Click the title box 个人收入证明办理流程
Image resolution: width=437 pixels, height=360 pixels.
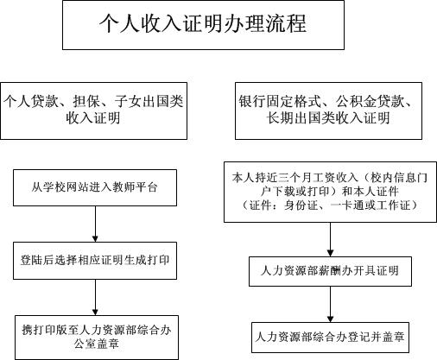tap(203, 25)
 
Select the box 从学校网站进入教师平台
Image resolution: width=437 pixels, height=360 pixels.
tap(95, 187)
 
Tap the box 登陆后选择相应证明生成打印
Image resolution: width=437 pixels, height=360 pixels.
tap(95, 261)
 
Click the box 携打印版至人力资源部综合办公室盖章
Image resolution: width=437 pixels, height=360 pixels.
tap(97, 338)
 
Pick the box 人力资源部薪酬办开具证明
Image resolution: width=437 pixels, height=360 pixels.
tap(330, 271)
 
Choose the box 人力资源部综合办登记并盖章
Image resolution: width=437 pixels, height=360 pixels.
tap(330, 338)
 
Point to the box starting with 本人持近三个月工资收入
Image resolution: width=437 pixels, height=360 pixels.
tap(330, 192)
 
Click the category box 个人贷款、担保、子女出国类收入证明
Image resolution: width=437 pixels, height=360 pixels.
tap(93, 111)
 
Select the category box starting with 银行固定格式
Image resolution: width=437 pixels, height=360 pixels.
tap(328, 111)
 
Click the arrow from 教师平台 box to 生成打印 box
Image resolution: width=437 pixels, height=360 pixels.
tap(95, 224)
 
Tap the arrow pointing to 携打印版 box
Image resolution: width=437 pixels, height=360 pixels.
tap(95, 297)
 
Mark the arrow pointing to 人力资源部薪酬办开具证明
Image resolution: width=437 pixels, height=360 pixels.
tap(330, 239)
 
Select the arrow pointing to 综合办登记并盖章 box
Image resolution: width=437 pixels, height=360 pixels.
tap(330, 304)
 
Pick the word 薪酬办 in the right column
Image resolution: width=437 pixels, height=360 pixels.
tap(342, 271)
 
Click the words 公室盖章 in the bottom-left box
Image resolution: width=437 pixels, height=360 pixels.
tap(97, 344)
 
